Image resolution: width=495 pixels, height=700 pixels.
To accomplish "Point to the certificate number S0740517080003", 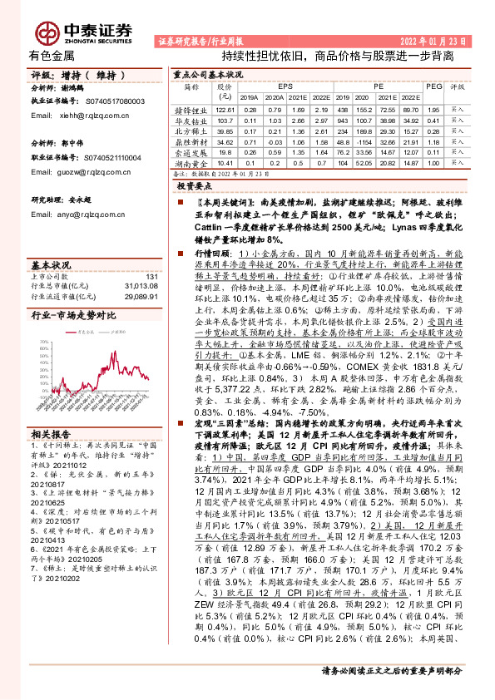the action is (116, 101).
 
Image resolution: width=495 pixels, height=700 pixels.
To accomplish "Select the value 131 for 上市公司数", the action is (151, 276).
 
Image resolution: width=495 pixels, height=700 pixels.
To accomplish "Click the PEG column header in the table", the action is (433, 86).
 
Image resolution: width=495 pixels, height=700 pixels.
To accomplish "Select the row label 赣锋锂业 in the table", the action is (192, 109).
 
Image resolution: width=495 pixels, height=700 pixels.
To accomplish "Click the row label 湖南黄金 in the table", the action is (192, 164).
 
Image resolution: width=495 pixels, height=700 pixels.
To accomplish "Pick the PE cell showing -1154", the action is (344, 131).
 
